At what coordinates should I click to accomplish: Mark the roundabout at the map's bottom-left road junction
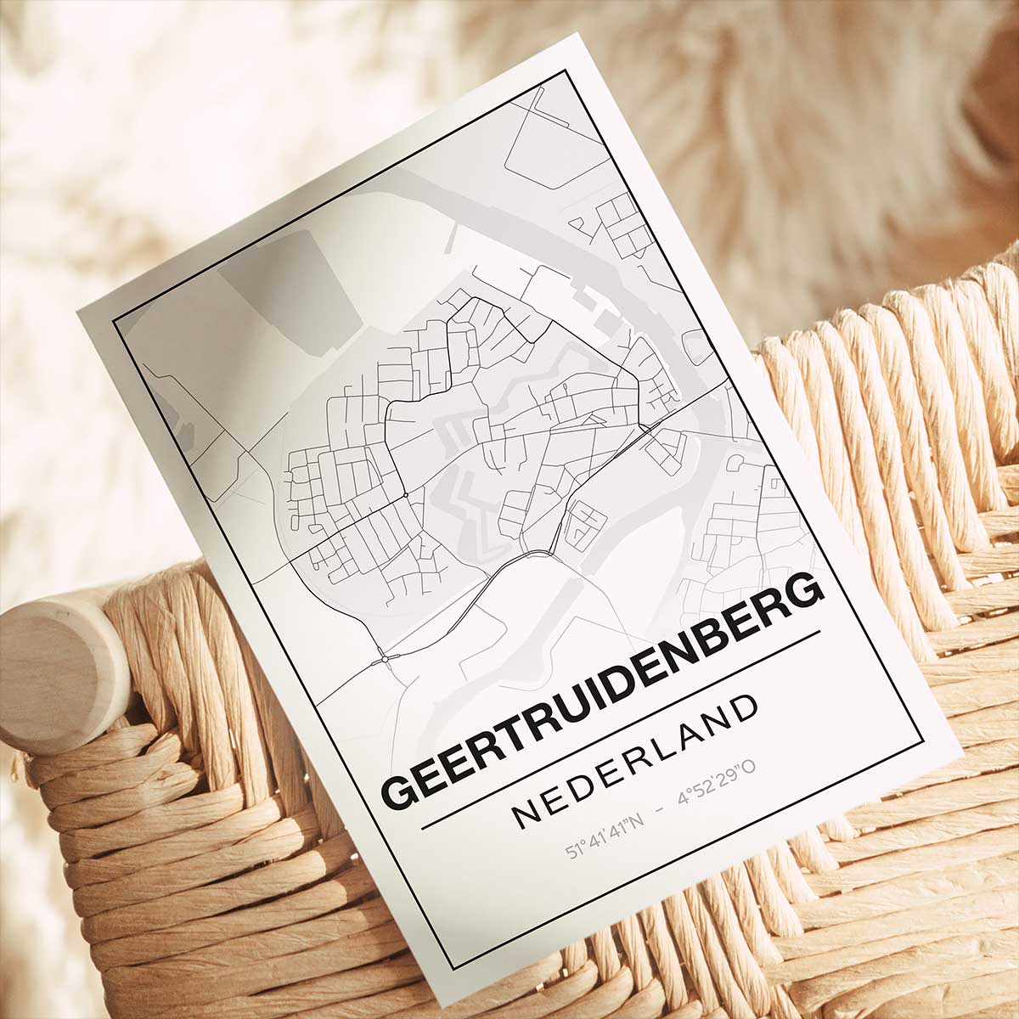[385, 657]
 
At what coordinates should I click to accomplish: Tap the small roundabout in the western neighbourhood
[406, 493]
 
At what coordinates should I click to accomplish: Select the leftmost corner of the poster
[78, 311]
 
